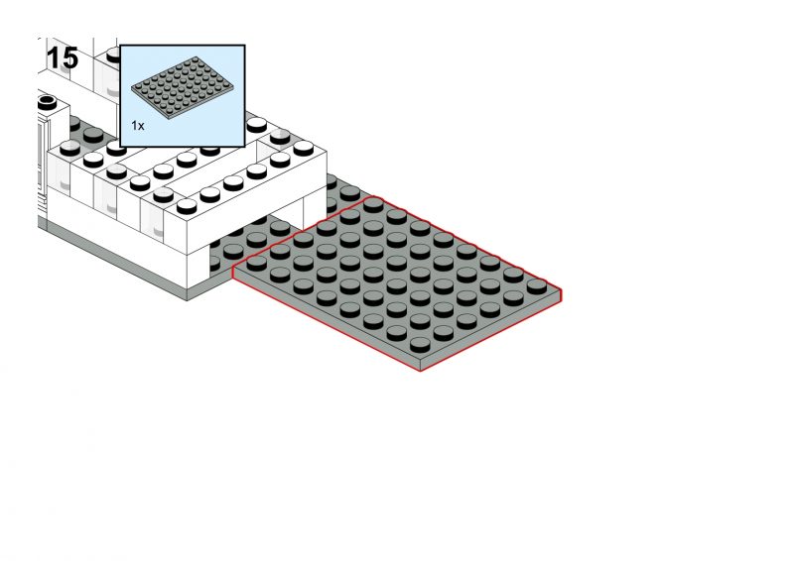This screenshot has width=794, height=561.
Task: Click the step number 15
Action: tap(63, 58)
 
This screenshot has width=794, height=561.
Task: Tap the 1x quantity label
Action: tap(138, 126)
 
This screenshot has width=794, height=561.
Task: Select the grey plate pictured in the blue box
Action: tap(183, 87)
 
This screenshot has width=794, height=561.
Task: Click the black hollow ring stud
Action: tap(47, 101)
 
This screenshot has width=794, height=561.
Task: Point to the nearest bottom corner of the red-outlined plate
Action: tap(421, 371)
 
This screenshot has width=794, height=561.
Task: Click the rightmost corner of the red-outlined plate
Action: tap(561, 289)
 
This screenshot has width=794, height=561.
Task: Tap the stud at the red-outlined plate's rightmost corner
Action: tap(537, 286)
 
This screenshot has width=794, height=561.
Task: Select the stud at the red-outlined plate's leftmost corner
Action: tap(257, 263)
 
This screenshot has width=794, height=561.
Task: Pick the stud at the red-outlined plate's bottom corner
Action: tap(420, 345)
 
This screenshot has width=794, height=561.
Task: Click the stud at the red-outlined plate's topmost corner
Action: tap(373, 205)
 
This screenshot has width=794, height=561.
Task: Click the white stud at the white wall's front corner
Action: tap(187, 206)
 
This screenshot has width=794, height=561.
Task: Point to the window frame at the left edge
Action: tap(43, 157)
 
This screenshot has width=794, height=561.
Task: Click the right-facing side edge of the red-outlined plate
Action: tap(490, 331)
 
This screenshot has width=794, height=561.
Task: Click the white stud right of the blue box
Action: tap(257, 125)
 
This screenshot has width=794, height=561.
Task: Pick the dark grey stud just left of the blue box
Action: tap(93, 135)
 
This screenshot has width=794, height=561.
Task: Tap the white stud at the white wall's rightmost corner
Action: tap(304, 148)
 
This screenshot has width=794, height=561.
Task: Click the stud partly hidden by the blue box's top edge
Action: tap(113, 55)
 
